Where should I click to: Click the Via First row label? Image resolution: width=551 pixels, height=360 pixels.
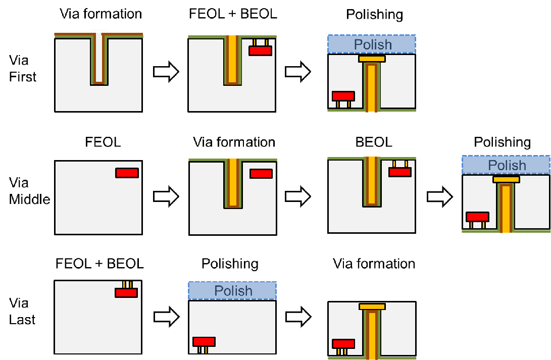coord(23,69)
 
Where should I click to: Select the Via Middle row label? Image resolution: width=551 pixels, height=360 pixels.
coord(29,191)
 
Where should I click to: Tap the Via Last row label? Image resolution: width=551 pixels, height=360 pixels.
coord(23,311)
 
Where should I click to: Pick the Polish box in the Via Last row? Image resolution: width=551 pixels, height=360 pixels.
coord(232,291)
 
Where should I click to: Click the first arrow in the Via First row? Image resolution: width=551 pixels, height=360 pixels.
coord(166,72)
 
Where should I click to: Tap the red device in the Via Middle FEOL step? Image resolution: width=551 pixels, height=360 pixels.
coord(127,173)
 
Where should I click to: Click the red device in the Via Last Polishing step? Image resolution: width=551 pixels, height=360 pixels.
coord(204,341)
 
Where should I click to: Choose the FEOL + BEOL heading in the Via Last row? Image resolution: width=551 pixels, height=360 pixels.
coord(99,263)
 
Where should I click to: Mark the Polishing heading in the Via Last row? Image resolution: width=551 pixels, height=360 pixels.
coord(230,264)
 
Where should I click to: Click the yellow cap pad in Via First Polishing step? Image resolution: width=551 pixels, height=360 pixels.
coord(372,59)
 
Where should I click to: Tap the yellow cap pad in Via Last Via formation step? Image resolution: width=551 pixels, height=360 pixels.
coord(372,306)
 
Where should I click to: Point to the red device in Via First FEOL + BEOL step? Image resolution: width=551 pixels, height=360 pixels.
coord(261,50)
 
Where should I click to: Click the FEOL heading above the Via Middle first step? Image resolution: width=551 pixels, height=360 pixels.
coord(103,142)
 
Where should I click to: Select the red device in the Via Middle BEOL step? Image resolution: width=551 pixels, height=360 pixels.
coord(399,172)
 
